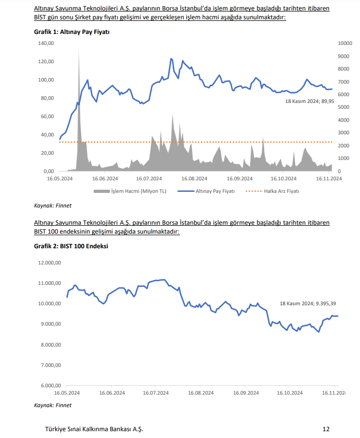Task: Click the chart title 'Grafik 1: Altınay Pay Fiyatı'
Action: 72,32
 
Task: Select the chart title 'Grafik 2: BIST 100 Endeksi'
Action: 71,246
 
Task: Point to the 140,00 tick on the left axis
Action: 46,43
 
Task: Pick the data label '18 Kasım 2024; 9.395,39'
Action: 308,304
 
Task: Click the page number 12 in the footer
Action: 325,429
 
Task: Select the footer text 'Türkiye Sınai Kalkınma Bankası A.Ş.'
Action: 94,429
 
